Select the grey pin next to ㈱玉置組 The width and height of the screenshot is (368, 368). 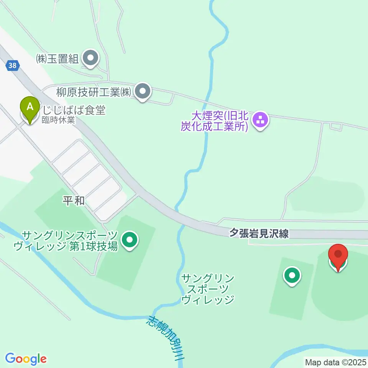click(x=91, y=59)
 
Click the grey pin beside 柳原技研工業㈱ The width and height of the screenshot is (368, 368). click(x=143, y=92)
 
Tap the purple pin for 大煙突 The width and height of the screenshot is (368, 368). click(x=261, y=120)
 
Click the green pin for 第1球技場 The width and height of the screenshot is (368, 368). click(x=129, y=240)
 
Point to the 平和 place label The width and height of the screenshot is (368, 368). click(x=74, y=200)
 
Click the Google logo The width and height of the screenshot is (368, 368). click(x=26, y=358)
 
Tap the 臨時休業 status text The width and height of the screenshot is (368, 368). click(x=58, y=120)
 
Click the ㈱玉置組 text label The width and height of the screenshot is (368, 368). click(x=57, y=59)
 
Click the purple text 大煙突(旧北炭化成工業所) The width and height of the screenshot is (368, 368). click(x=215, y=121)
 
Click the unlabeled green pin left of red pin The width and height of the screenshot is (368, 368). click(x=292, y=276)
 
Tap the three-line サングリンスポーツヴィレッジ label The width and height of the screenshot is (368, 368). click(x=208, y=289)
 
